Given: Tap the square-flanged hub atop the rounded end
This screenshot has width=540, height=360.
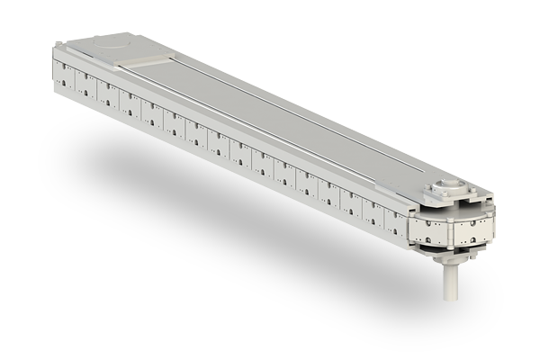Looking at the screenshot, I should point(447,189).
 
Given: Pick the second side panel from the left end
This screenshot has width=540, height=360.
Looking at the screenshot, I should point(87,83).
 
